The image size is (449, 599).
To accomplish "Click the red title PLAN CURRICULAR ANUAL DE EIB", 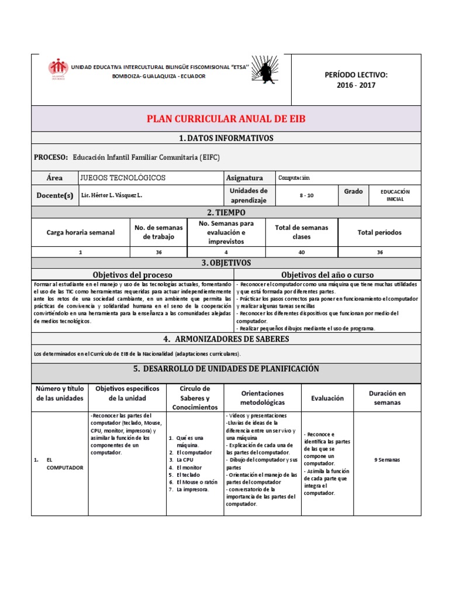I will (x=226, y=119).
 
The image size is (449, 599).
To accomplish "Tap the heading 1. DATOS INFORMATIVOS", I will (x=226, y=138).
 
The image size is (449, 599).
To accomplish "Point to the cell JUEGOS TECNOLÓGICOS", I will (x=123, y=177).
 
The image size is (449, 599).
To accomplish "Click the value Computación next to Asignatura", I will (x=294, y=177).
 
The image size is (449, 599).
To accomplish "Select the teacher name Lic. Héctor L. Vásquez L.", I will (x=111, y=195).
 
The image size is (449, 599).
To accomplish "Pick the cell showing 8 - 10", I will (x=306, y=195).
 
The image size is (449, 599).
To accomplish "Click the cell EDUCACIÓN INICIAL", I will (x=395, y=195).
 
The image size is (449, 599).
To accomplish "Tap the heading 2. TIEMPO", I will (x=226, y=212).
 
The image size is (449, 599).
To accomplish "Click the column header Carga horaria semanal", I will (x=81, y=232).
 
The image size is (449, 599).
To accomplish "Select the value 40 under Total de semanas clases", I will (x=302, y=252).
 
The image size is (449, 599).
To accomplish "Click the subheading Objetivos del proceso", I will (x=133, y=274).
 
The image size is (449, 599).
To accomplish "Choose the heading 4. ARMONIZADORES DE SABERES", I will (x=226, y=339).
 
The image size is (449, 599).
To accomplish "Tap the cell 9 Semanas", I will (x=390, y=460).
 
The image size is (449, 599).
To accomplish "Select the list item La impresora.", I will (x=192, y=489).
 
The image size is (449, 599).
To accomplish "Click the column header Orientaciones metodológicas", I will (x=263, y=398).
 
